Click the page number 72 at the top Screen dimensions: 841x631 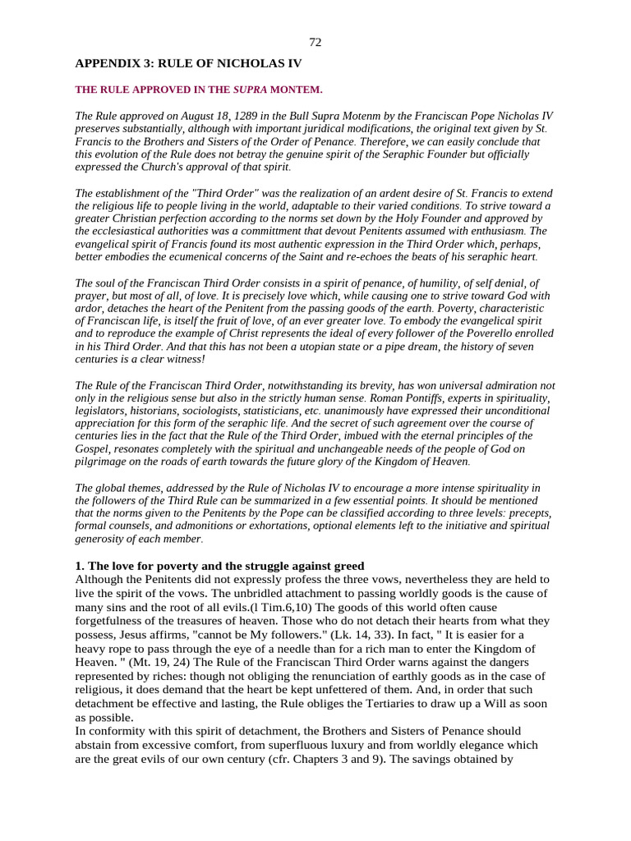(315, 42)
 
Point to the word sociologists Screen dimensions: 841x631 (242, 411)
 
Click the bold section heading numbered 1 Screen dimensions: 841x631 (219, 566)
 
